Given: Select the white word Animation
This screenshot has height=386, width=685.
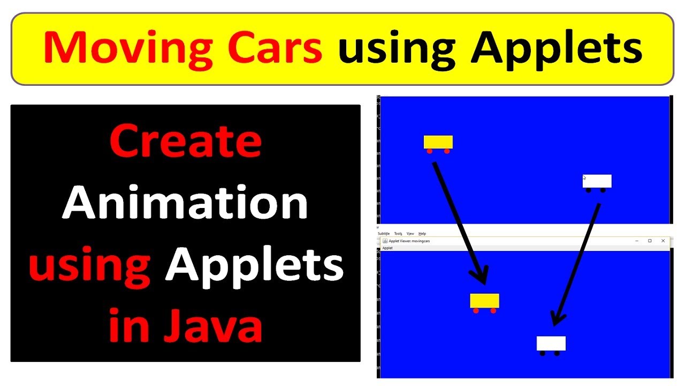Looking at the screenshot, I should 185,204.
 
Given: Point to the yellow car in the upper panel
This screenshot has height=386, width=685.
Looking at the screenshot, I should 438,142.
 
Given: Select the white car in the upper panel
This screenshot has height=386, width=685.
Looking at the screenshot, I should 597,181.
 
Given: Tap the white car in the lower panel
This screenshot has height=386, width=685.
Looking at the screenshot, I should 551,343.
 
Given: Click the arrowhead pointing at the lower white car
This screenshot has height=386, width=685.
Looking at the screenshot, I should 557,318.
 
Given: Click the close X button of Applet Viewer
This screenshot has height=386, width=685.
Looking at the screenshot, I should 663,241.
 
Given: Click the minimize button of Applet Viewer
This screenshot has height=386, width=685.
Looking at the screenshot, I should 637,241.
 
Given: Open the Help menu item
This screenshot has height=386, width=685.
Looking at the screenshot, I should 422,234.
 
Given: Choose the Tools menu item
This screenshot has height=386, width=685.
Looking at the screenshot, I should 398,234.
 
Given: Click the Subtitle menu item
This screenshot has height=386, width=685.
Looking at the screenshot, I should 384,234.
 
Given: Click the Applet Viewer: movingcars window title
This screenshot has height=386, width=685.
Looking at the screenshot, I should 409,241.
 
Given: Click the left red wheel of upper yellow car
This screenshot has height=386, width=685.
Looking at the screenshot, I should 429,151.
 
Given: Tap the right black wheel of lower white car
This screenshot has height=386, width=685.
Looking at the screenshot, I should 557,353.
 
